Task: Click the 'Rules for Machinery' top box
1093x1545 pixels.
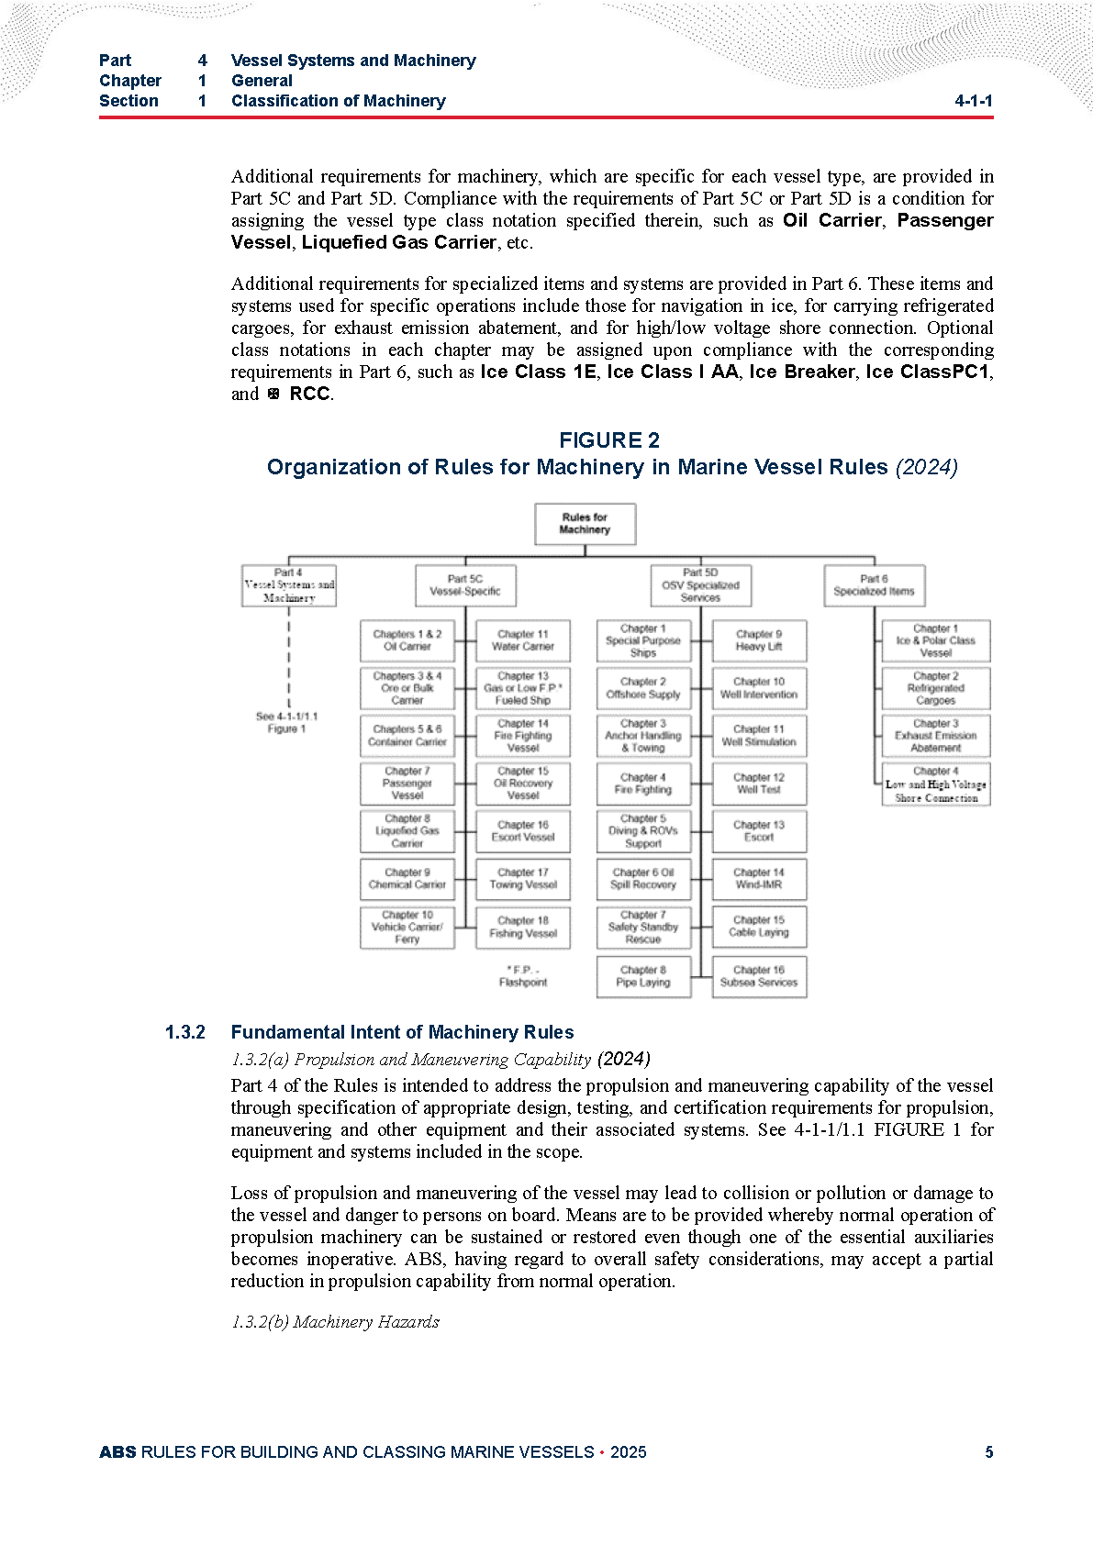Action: pos(585,524)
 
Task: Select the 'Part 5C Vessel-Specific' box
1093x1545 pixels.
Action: pos(465,585)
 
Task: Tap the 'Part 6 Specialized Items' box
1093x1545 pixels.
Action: pos(874,585)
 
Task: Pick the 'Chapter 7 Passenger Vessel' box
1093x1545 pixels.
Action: pos(407,784)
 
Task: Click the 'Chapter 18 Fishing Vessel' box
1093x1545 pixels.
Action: pos(523,927)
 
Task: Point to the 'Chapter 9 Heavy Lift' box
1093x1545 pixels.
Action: pos(759,640)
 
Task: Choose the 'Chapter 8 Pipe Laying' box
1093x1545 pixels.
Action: pos(643,976)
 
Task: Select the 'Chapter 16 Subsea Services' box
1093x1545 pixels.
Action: pos(759,976)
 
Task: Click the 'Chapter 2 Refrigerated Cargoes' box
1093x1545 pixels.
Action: pos(935,688)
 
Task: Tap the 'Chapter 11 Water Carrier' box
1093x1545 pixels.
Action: pos(523,640)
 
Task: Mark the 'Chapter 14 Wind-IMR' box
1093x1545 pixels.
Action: pos(759,879)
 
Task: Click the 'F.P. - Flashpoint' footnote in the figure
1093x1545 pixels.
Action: pos(523,976)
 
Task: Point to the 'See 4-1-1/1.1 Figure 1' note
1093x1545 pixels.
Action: pos(286,723)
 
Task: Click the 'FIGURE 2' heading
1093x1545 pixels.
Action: pos(609,440)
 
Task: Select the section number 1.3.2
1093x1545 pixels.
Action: pos(184,1033)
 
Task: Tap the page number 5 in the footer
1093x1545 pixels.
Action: pos(988,1452)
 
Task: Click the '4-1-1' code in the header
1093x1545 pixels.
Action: pos(973,101)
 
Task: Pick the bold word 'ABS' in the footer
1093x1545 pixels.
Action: pos(117,1452)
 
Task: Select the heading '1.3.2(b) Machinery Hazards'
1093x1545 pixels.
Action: pos(335,1322)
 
